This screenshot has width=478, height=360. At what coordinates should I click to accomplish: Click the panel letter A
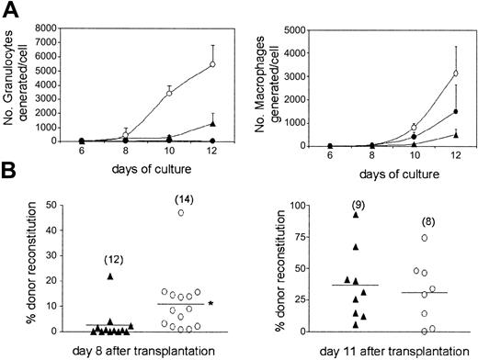(x=10, y=9)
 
